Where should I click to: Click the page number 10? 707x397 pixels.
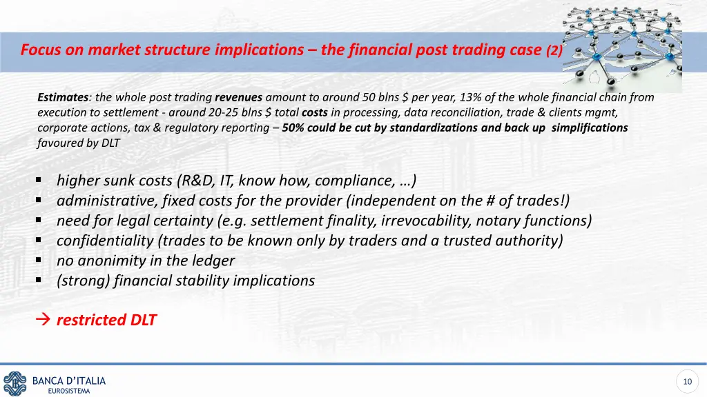tap(686, 382)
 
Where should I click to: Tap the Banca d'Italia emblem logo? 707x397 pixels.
tap(14, 383)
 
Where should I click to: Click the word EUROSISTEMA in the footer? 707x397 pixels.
tap(69, 391)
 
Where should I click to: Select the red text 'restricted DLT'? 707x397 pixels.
tap(106, 320)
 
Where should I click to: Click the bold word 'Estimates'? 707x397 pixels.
tap(62, 97)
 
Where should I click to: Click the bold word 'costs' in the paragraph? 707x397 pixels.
tap(315, 112)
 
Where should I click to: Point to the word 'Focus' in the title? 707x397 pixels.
tap(38, 50)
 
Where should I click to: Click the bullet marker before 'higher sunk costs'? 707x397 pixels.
tap(39, 181)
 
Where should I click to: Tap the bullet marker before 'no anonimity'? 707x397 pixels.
tap(39, 261)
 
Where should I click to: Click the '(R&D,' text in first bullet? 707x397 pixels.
tap(196, 181)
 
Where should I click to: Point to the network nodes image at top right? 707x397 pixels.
tap(621, 45)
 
